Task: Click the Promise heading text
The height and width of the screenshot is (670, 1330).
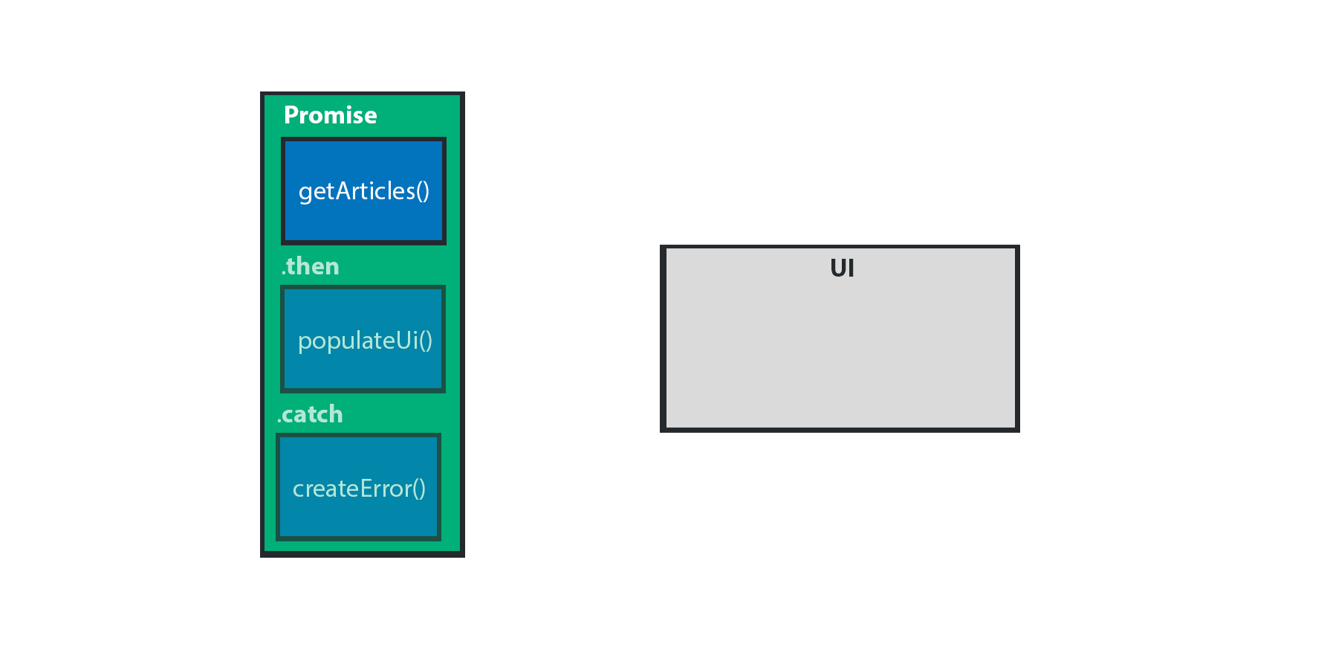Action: (331, 115)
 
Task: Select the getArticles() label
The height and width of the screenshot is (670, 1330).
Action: (364, 192)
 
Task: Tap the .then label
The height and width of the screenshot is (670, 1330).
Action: (311, 266)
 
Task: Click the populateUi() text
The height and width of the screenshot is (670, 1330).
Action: (365, 341)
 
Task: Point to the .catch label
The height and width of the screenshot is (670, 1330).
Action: (310, 414)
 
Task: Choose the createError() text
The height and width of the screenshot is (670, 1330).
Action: (360, 489)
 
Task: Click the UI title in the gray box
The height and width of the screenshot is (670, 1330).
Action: (842, 268)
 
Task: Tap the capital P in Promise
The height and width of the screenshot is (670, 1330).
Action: (291, 115)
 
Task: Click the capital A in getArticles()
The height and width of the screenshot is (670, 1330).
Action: (345, 191)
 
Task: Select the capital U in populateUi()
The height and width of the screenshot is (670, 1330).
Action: (404, 340)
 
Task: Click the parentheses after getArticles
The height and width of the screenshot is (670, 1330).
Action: (423, 192)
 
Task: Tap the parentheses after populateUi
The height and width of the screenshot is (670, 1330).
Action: (426, 341)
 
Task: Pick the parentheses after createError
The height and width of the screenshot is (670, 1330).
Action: (419, 489)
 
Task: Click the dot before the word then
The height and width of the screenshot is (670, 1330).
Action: (283, 274)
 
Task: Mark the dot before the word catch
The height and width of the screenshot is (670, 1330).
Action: (279, 422)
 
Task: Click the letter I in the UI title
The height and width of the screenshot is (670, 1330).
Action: (851, 268)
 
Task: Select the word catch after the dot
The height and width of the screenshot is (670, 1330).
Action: (313, 414)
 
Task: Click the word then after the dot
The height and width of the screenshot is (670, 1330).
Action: (313, 266)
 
